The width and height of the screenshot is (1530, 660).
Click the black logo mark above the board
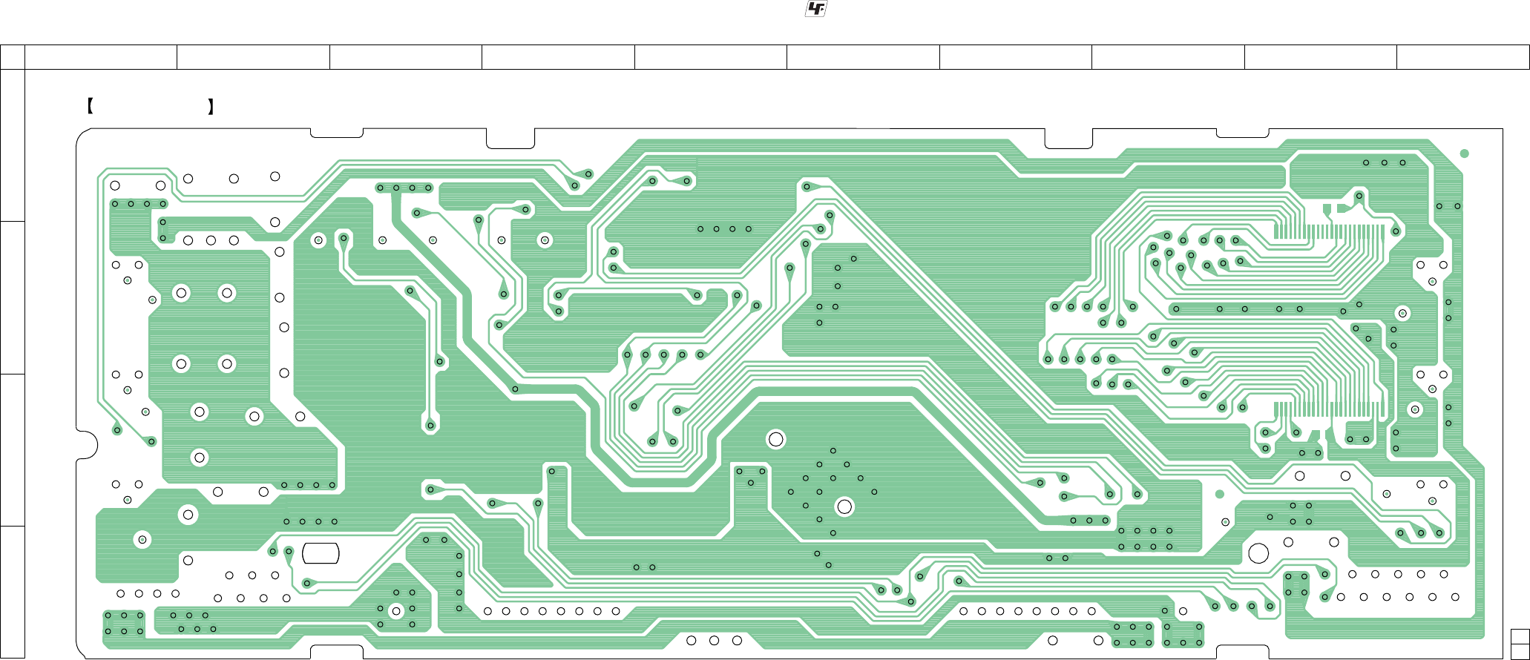click(x=816, y=9)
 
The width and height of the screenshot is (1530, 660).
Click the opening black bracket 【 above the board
click(x=89, y=107)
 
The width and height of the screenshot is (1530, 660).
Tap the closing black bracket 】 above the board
click(x=211, y=107)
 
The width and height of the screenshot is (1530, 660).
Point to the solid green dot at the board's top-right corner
click(x=1464, y=154)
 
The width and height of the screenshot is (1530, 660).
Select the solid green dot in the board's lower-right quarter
click(x=1219, y=494)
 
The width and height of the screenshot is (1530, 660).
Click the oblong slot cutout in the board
click(x=321, y=553)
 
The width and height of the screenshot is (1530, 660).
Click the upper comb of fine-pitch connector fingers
click(x=1328, y=231)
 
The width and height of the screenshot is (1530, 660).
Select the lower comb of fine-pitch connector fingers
click(x=1328, y=409)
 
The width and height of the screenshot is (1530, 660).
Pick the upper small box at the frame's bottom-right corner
click(x=1520, y=636)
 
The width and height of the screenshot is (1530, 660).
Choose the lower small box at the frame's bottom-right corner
click(x=1520, y=651)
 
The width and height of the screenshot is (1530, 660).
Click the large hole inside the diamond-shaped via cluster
click(x=844, y=506)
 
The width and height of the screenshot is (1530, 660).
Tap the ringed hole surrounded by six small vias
click(x=396, y=611)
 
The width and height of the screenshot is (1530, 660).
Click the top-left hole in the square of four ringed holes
click(x=181, y=293)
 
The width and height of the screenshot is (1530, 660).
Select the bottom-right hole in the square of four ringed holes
click(x=227, y=363)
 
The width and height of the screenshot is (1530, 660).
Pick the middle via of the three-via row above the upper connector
click(x=1384, y=162)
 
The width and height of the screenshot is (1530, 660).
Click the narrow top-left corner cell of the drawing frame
click(x=12, y=57)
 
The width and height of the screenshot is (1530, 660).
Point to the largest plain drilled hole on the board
click(x=1258, y=553)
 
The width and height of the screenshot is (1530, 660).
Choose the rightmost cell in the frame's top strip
click(x=1462, y=57)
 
